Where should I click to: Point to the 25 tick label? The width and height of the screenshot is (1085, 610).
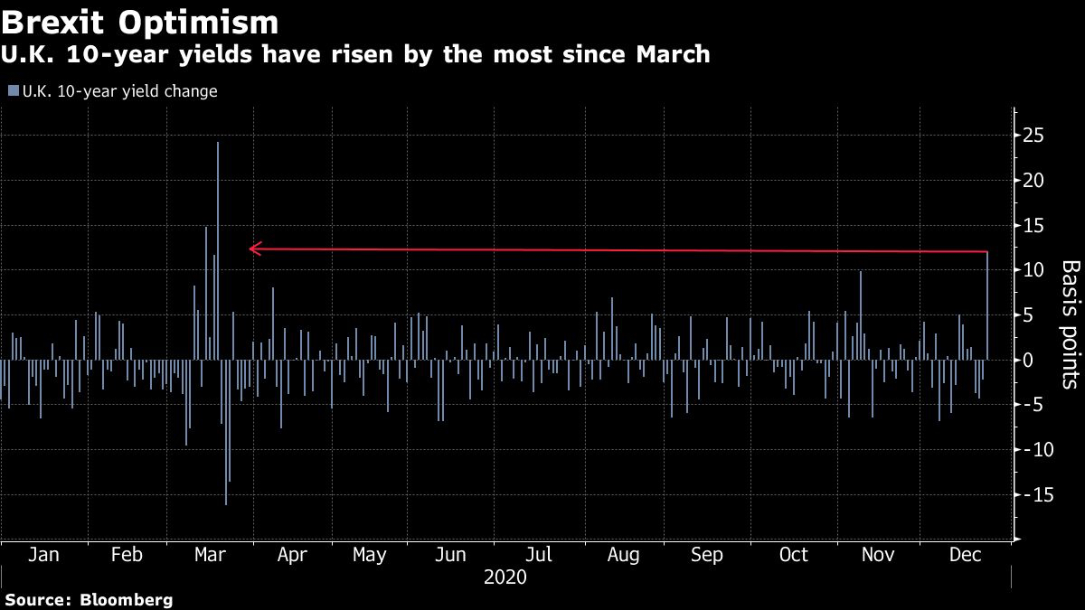[1033, 136]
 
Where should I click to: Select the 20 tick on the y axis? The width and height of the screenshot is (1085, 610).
[1033, 181]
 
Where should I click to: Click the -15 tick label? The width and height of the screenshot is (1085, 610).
[1031, 495]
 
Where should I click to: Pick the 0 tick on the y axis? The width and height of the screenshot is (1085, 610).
[1028, 360]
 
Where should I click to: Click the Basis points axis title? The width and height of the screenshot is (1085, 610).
[1071, 324]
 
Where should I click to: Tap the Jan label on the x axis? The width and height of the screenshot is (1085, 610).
[43, 554]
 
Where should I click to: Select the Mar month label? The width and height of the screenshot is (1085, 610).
[211, 554]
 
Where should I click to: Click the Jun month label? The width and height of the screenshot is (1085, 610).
[451, 554]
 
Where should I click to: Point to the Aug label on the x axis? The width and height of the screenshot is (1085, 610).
[624, 554]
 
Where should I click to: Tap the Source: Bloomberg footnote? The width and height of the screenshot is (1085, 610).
[89, 599]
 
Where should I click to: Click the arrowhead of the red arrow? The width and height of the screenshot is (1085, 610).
[253, 249]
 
